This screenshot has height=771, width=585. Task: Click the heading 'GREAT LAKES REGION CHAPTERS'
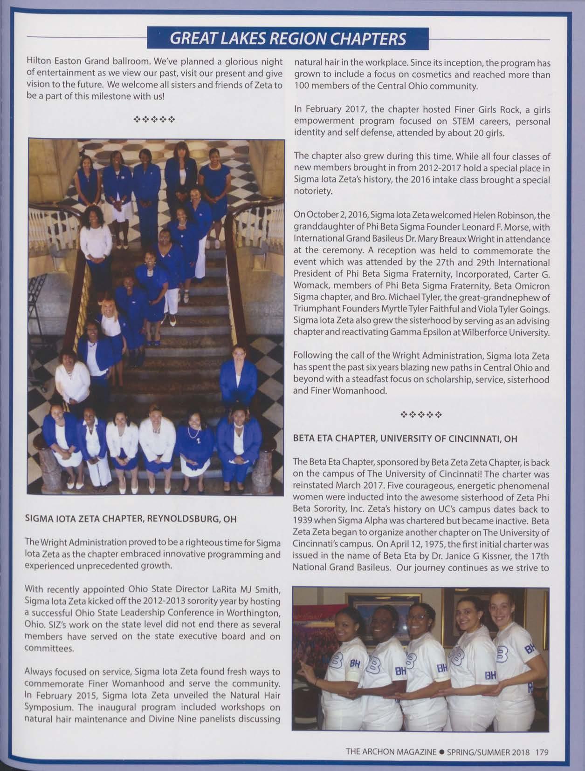pos(288,38)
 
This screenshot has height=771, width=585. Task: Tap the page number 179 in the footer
pos(542,751)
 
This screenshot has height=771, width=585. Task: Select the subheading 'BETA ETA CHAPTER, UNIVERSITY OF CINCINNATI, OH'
pos(405,438)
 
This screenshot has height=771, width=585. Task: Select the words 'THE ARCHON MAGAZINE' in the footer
pos(391,751)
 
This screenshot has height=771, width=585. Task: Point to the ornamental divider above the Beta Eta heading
pos(422,413)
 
